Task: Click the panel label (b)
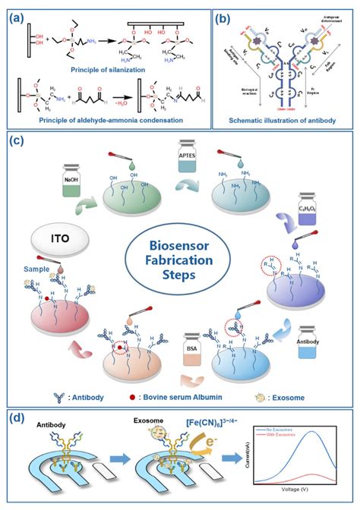[224, 13]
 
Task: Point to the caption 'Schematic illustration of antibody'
[282, 121]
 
